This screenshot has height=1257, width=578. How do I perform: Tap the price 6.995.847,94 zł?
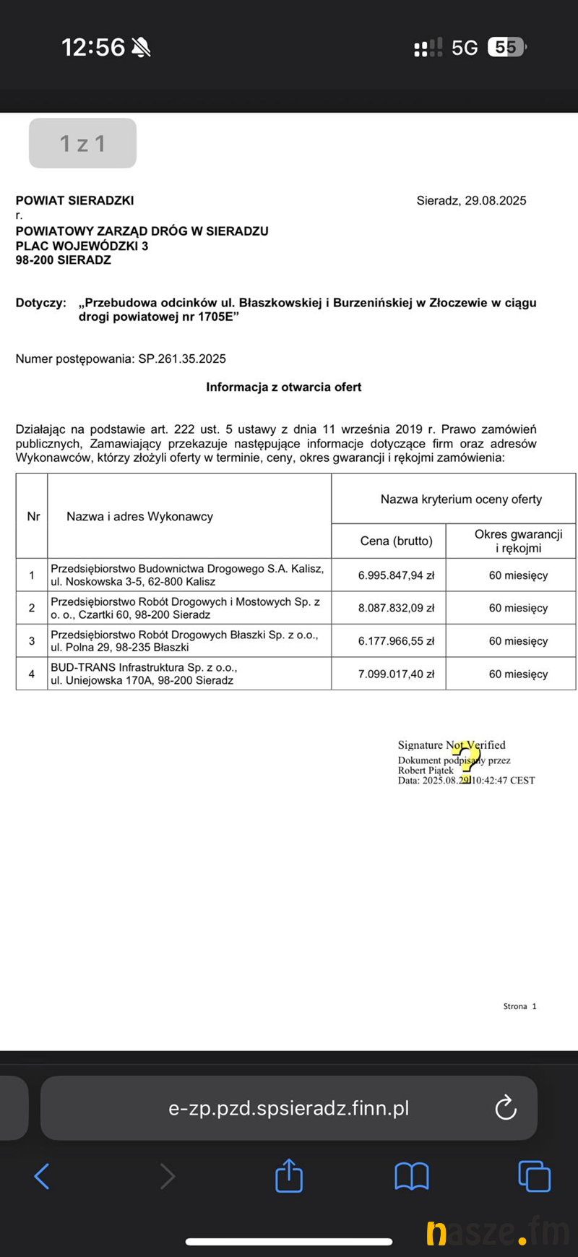point(396,575)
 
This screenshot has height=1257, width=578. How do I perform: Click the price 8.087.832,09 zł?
point(396,608)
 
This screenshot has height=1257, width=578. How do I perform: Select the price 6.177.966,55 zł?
point(396,641)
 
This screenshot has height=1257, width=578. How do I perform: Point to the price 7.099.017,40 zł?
point(396,674)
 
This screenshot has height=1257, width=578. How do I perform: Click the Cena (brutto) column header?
point(396,541)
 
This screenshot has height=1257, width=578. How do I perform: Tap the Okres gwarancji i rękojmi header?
point(518,541)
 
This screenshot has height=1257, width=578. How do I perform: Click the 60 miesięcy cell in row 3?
point(518,641)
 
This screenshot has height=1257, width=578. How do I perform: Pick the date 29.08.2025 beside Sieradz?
point(495,200)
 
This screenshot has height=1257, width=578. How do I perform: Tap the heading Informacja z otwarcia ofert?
point(283,387)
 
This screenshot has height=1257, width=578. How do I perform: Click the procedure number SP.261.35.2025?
point(182,359)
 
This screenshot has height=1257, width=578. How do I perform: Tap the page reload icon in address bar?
point(506,1107)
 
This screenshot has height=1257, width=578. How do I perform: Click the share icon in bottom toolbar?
point(289,1176)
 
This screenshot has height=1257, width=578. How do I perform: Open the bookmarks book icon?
point(412,1176)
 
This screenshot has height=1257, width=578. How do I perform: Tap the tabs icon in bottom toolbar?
point(535,1176)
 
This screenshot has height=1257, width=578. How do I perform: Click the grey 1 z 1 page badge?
point(82,143)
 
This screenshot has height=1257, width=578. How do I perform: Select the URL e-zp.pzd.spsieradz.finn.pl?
point(288,1108)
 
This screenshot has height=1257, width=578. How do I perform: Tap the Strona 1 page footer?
point(519,1006)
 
